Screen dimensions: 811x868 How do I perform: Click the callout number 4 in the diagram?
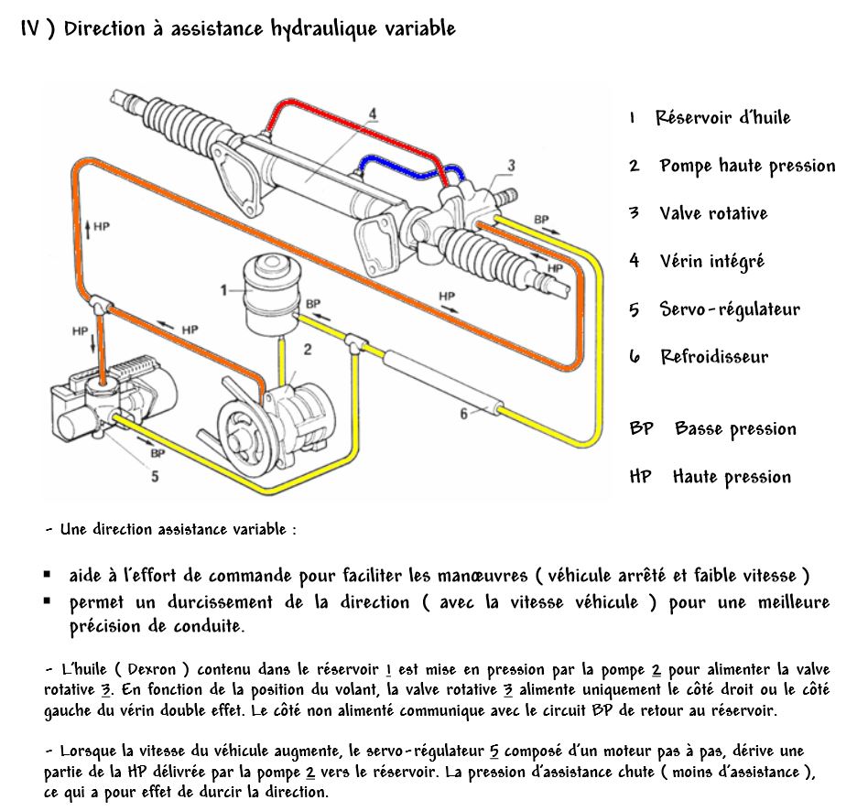(373, 114)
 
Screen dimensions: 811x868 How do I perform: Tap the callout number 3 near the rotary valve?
(511, 165)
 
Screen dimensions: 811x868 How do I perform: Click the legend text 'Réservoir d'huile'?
(722, 117)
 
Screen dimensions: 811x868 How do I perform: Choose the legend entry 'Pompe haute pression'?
(747, 166)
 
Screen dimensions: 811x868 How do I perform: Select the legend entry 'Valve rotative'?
(713, 213)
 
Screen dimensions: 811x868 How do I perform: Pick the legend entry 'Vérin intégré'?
(711, 262)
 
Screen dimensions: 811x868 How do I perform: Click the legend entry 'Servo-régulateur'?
(730, 309)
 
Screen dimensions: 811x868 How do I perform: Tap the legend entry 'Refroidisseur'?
(714, 357)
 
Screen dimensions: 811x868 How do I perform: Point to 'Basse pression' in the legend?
(735, 429)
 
